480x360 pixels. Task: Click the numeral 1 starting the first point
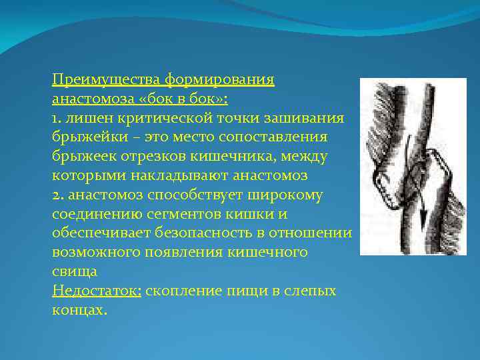55,119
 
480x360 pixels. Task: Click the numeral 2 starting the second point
55,195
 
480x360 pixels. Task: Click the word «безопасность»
215,234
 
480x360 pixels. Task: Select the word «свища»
74,272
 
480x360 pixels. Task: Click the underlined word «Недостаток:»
96,291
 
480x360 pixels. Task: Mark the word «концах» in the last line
77,311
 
